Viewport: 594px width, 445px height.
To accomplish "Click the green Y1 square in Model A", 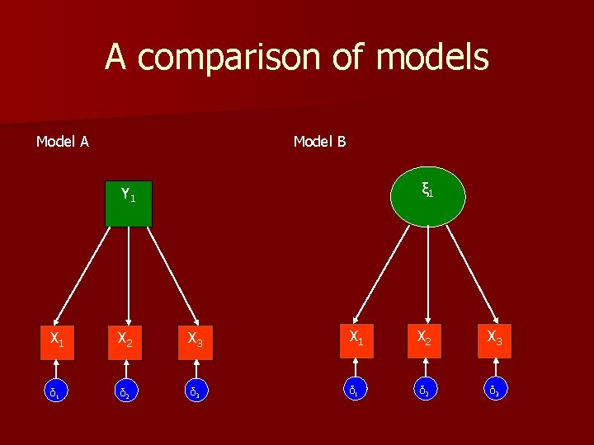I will [128, 202].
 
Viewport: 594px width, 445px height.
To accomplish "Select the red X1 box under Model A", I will [57, 339].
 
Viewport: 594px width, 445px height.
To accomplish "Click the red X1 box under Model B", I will [357, 340].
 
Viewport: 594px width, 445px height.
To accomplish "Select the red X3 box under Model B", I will [493, 340].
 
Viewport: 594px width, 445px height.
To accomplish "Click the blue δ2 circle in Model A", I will [126, 390].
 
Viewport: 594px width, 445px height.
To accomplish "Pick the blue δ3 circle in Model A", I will [196, 390].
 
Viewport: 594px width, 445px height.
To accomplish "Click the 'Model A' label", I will [63, 142].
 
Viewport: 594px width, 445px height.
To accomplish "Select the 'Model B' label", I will [320, 142].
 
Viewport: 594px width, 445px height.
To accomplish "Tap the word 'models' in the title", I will [431, 58].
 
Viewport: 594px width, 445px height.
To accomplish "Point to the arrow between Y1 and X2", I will [128, 272].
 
